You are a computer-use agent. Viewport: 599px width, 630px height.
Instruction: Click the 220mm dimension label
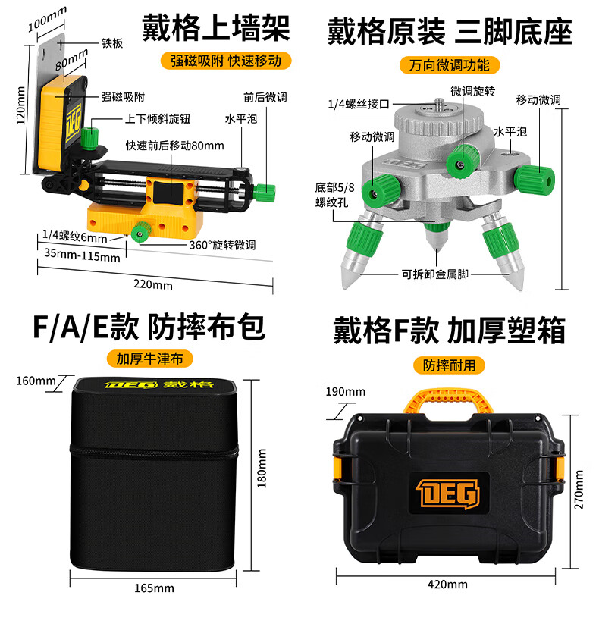(x=153, y=284)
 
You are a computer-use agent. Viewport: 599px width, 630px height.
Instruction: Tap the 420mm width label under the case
(x=447, y=585)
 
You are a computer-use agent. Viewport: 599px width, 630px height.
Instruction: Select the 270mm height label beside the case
(x=579, y=490)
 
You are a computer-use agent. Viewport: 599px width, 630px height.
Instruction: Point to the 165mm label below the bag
(x=154, y=588)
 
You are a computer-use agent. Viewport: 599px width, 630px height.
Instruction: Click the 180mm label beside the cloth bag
(x=262, y=469)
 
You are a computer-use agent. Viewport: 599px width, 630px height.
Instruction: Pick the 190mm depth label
(x=346, y=392)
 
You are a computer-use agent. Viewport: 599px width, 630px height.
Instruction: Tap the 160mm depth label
(x=36, y=381)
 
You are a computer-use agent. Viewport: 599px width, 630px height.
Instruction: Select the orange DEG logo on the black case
(x=448, y=494)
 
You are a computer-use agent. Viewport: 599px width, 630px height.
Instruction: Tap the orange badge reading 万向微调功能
(x=449, y=65)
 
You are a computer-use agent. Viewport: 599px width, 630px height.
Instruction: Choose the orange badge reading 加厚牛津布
(x=149, y=359)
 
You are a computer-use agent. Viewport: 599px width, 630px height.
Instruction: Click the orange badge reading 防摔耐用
(x=449, y=365)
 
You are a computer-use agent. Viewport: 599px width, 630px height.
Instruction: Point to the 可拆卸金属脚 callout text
(x=435, y=274)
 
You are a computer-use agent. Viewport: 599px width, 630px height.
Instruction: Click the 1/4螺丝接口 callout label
(x=359, y=105)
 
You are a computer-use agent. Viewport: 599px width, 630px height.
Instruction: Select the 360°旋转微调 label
(x=222, y=245)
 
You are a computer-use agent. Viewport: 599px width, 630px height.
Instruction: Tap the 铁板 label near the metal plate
(x=112, y=43)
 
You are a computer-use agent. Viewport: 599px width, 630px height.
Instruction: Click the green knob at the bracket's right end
(x=265, y=191)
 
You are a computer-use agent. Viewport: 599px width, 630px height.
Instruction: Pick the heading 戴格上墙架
(x=216, y=28)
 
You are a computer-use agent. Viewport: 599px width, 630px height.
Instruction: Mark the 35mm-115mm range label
(x=82, y=254)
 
